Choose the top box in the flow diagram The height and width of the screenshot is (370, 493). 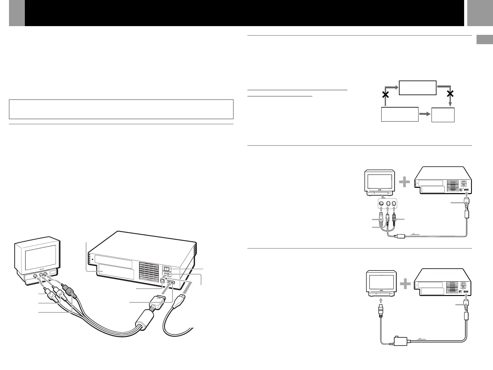coord(418,87)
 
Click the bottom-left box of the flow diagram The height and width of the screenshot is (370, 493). coord(400,114)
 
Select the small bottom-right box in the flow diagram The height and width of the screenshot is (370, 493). coord(443,115)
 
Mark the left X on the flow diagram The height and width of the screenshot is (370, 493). coord(385,95)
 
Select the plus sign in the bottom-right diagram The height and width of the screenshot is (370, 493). coord(405,284)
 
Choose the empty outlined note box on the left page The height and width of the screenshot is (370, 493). coord(121,109)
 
